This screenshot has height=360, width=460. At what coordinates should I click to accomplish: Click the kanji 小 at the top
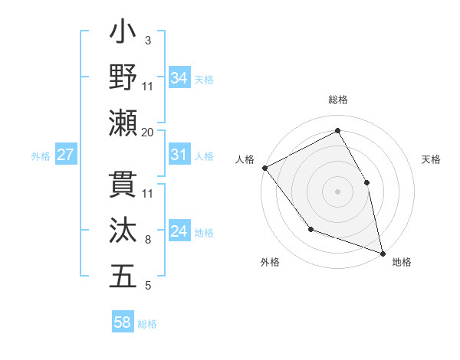(123, 34)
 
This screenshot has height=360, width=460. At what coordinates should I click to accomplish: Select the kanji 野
(123, 77)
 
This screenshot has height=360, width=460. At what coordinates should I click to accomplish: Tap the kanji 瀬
(123, 123)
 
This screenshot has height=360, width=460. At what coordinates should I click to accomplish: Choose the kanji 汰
(123, 229)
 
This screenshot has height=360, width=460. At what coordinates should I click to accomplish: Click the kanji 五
(123, 275)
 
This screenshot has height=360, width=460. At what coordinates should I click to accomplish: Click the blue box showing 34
(179, 77)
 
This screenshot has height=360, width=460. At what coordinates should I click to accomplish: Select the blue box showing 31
(179, 155)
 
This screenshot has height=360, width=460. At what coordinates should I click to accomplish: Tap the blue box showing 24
(179, 232)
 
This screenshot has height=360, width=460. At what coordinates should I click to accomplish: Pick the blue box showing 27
(65, 155)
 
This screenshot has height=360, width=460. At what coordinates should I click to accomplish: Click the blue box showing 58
(123, 322)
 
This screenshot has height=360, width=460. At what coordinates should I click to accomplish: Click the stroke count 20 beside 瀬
(148, 132)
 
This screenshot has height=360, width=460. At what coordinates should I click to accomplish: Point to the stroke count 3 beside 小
(148, 40)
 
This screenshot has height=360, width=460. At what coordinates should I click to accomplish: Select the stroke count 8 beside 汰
(148, 240)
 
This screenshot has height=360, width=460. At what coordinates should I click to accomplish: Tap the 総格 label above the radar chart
(337, 100)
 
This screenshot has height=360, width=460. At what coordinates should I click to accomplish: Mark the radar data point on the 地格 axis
(382, 252)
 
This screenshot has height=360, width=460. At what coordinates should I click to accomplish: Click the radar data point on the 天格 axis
(366, 182)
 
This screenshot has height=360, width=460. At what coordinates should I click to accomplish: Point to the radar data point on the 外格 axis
(310, 229)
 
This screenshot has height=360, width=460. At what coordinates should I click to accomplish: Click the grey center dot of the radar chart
(337, 191)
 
